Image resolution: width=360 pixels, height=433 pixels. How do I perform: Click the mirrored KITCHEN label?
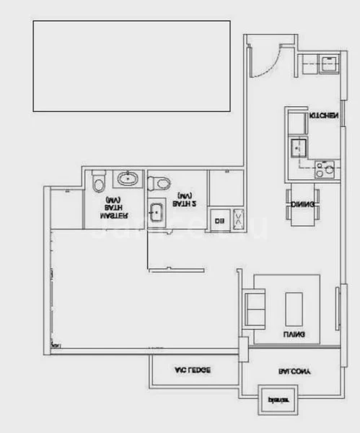coord(323,115)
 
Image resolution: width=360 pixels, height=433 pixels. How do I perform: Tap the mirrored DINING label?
coord(302,205)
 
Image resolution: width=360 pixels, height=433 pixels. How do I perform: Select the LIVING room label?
coord(294,335)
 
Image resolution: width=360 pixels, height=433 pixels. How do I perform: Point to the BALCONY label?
coord(295,372)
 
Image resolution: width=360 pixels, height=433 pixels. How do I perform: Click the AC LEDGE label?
coord(193,371)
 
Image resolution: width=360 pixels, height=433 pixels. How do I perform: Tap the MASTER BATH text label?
coord(114,207)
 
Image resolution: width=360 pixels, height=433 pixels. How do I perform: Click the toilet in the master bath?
coord(99,182)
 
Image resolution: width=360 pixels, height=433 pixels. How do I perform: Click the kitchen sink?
coord(298,149)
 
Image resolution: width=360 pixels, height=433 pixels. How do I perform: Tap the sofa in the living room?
coord(255,307)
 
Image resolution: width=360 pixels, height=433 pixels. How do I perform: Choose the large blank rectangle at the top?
coord(131,66)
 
